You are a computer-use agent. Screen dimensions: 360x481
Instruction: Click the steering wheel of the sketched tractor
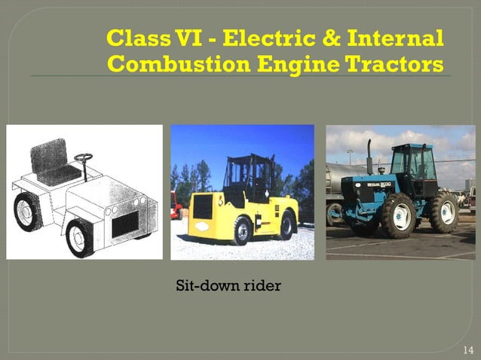click(84, 158)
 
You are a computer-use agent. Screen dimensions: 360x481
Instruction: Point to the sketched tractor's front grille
click(125, 224)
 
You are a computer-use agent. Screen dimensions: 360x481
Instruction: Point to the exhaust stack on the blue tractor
click(369, 157)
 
